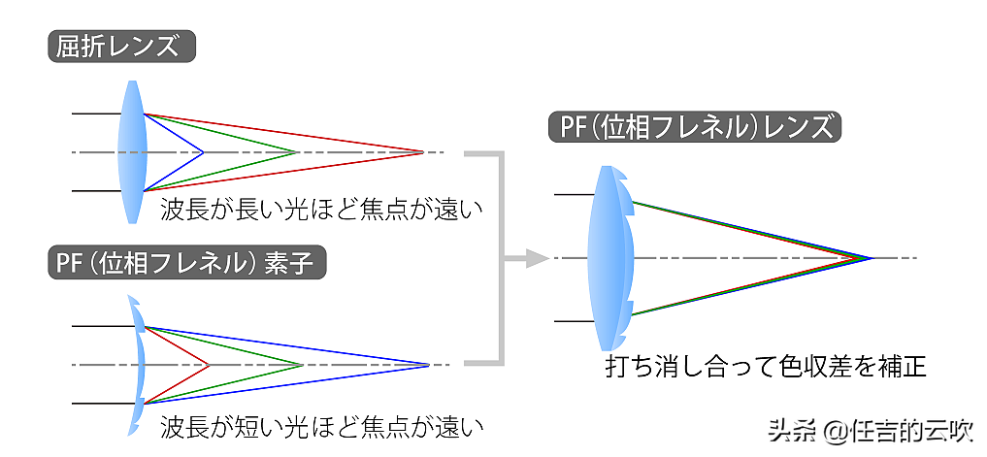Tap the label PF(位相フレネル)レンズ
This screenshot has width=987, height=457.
(695, 127)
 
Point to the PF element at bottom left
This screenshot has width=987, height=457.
(138, 365)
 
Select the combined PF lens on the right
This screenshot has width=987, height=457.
(611, 258)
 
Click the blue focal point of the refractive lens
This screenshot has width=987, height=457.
(202, 152)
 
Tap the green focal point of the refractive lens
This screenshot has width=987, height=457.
(296, 152)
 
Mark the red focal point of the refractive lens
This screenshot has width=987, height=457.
(423, 152)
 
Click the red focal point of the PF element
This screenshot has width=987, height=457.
(210, 365)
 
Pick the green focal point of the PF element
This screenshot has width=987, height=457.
(303, 365)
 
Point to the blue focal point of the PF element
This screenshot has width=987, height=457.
(428, 365)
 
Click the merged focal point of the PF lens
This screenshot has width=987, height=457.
(872, 258)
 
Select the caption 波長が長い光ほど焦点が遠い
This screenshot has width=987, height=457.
(321, 210)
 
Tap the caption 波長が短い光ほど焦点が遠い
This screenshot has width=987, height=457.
(321, 425)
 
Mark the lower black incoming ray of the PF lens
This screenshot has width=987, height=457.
(573, 321)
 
